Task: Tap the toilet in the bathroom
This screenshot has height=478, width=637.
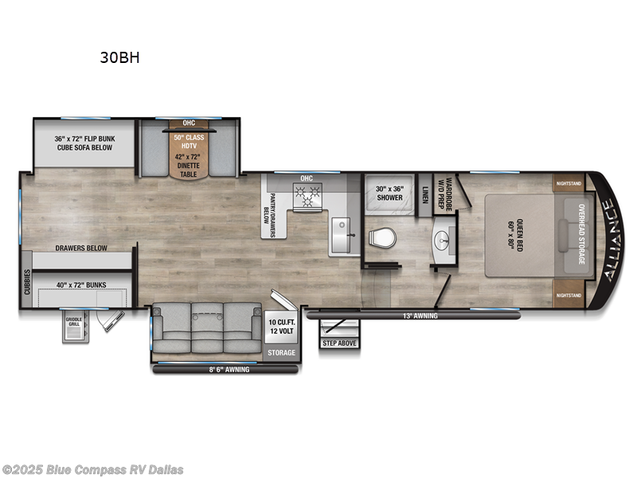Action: point(384,237)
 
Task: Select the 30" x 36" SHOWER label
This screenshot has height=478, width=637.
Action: point(389,193)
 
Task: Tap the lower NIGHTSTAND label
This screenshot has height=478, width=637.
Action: point(568,295)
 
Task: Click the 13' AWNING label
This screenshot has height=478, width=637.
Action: point(421,315)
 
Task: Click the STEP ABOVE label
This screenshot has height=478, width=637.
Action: point(339,343)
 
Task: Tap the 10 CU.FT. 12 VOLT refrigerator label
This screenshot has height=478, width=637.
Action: point(281,327)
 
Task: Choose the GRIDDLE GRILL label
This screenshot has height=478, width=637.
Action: point(73,323)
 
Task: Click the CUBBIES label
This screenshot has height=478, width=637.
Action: point(27,281)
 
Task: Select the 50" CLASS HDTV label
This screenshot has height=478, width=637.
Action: point(189,141)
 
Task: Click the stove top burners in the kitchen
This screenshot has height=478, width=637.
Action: point(307,194)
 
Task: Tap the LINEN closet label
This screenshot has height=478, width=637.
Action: point(425,193)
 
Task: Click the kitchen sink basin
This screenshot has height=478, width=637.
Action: point(341,237)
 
